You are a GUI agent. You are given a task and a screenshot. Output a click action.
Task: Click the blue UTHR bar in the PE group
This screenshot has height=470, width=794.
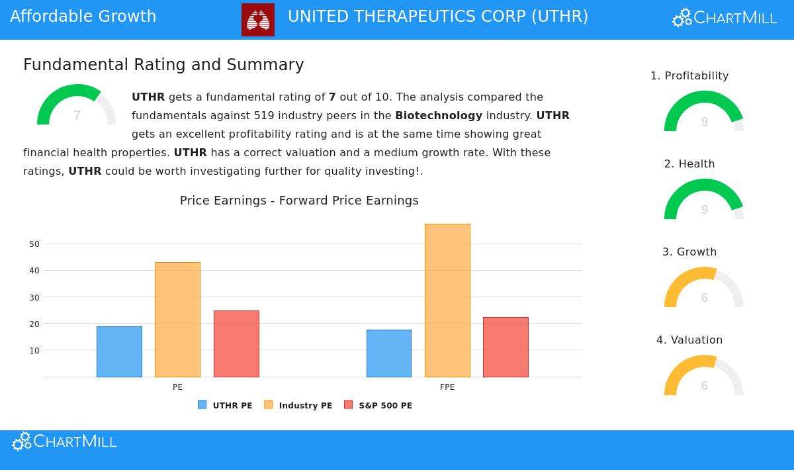pyautogui.click(x=119, y=352)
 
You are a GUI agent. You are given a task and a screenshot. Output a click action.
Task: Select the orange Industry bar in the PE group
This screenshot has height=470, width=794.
pyautogui.click(x=177, y=320)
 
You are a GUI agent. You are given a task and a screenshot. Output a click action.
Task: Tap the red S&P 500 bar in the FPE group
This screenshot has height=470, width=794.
pyautogui.click(x=506, y=347)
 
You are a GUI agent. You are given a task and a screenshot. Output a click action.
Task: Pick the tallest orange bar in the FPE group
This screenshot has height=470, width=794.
pyautogui.click(x=447, y=301)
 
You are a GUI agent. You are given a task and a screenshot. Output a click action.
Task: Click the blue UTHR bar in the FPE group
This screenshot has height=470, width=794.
pyautogui.click(x=389, y=353)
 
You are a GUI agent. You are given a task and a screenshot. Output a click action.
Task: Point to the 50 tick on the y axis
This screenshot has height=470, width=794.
pyautogui.click(x=34, y=244)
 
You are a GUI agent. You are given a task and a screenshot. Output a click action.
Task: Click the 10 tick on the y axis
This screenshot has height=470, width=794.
pyautogui.click(x=34, y=351)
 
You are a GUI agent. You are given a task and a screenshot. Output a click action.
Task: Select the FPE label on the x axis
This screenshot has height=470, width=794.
pyautogui.click(x=447, y=387)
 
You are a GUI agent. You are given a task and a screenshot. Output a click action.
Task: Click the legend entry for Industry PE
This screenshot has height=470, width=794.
pyautogui.click(x=298, y=405)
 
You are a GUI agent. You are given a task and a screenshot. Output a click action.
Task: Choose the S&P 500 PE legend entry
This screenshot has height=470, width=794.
pyautogui.click(x=378, y=405)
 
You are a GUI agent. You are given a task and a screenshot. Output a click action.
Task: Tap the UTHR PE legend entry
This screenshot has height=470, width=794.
pyautogui.click(x=226, y=405)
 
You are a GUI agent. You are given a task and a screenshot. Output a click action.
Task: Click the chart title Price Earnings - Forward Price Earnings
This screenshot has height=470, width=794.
pyautogui.click(x=299, y=201)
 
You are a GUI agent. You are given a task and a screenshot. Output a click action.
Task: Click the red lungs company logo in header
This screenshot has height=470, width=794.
pyautogui.click(x=258, y=19)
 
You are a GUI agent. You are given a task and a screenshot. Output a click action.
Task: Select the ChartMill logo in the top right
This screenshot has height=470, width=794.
pyautogui.click(x=725, y=18)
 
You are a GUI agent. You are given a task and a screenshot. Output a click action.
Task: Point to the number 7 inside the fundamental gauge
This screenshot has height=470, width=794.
pyautogui.click(x=77, y=116)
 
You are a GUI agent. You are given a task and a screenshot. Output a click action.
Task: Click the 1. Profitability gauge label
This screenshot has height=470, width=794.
pyautogui.click(x=689, y=76)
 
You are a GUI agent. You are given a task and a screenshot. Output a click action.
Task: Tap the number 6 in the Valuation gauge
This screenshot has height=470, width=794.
pyautogui.click(x=704, y=386)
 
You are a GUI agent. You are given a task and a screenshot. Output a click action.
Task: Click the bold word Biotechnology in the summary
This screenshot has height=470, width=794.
pyautogui.click(x=439, y=116)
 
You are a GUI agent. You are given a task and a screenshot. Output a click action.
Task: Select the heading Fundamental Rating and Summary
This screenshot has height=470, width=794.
pyautogui.click(x=163, y=65)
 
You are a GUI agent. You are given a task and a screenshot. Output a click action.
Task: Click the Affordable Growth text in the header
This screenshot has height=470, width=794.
pyautogui.click(x=83, y=17)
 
